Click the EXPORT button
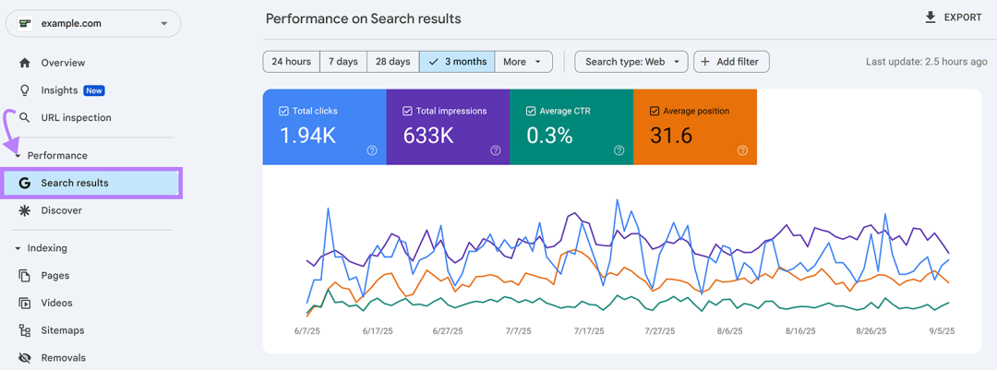coord(953,18)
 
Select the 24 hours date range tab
coord(291,62)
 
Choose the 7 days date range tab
coord(342,62)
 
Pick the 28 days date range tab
coord(392,62)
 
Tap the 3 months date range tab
coord(457,62)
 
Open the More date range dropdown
coord(523,62)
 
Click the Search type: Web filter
coord(631,62)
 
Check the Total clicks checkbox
coord(284,111)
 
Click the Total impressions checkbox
coord(408,111)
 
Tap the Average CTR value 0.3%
coord(550,136)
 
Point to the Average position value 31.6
coord(671,136)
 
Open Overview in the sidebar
coord(63,63)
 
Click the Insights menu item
coord(60,90)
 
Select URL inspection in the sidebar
coord(76,118)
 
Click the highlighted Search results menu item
coord(75,183)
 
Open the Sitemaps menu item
coord(63,330)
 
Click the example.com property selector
coord(92,24)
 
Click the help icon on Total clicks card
coord(372,150)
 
